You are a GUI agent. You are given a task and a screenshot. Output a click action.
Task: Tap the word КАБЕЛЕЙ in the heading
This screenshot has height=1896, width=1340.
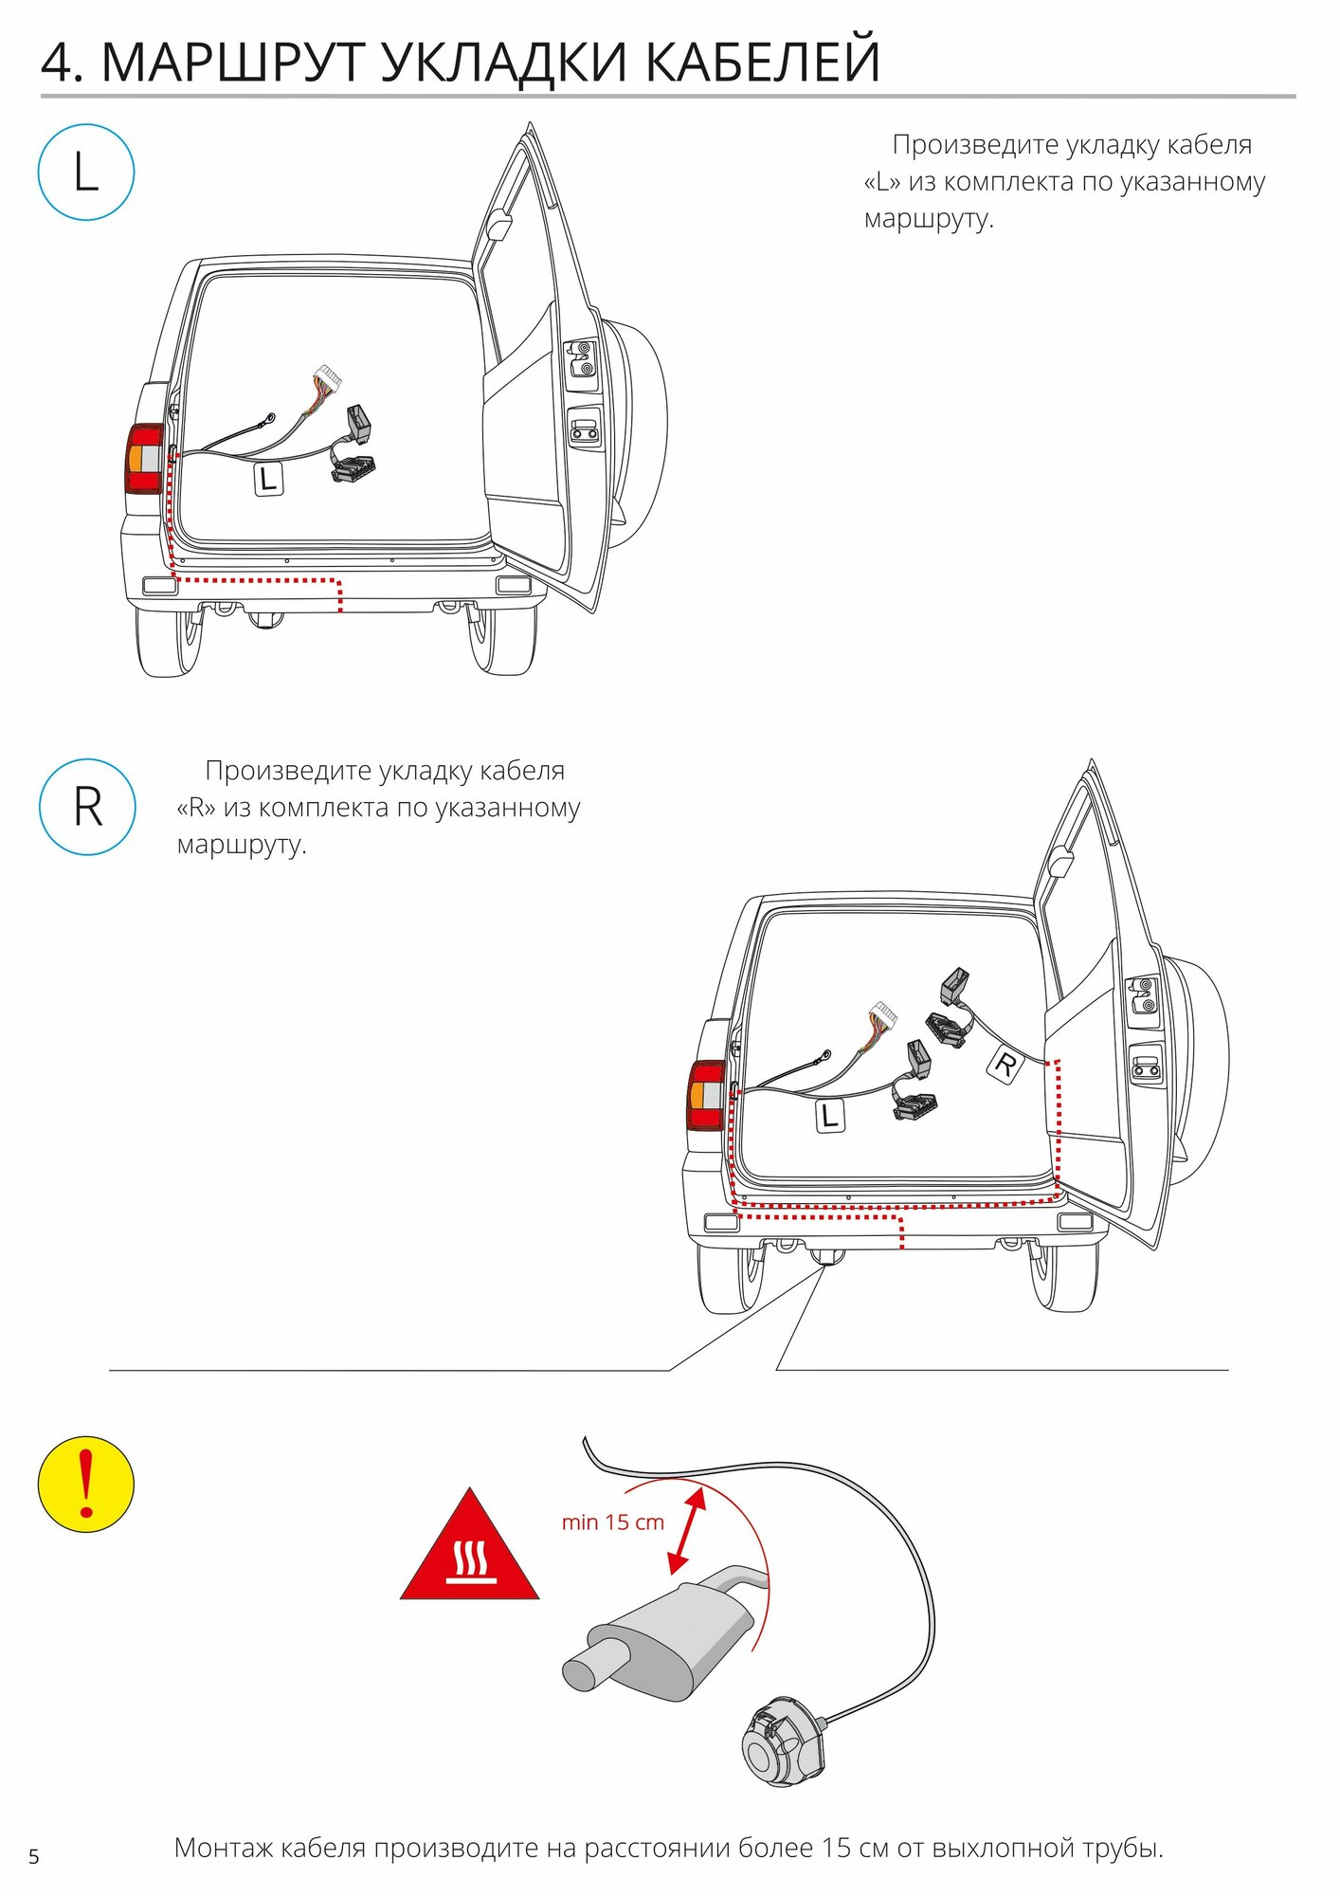coord(763,63)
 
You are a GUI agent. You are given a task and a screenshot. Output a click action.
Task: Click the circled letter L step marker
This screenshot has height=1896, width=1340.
coord(86,173)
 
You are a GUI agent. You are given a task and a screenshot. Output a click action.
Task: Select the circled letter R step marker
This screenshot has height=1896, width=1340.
coord(87,807)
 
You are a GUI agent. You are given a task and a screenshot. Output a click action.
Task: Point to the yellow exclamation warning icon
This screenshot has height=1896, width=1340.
coord(86,1484)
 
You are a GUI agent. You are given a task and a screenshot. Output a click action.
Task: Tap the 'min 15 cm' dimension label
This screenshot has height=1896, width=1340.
coord(612,1522)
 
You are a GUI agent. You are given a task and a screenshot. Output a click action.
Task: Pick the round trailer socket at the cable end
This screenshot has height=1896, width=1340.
coord(783,1742)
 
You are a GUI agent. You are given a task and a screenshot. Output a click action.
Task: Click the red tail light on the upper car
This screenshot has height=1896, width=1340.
coord(144,459)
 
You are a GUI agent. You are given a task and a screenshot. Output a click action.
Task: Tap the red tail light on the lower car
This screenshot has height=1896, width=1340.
coord(706,1095)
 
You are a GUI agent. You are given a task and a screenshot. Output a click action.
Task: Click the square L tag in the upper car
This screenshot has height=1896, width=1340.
coord(268,478)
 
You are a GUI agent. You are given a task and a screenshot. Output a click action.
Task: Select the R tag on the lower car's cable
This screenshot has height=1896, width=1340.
coord(1005,1064)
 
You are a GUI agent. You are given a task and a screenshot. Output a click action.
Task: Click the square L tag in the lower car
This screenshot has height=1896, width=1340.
coord(830,1115)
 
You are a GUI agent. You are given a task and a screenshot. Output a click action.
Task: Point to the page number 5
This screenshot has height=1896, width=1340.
coord(34,1856)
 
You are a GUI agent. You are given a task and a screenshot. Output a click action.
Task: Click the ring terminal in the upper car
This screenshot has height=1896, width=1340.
coord(270,417)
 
